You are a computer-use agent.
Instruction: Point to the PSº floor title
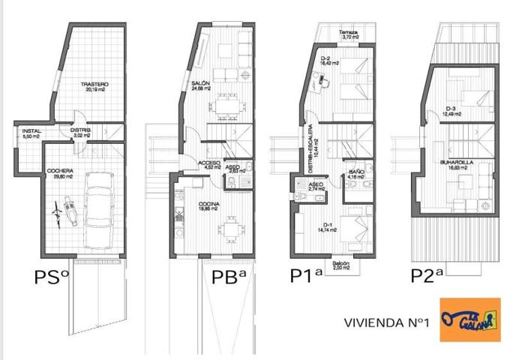pyautogui.click(x=52, y=276)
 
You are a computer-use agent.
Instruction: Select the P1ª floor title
pyautogui.click(x=306, y=276)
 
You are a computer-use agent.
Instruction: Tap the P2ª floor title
pyautogui.click(x=429, y=276)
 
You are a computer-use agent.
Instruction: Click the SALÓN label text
pyautogui.click(x=199, y=85)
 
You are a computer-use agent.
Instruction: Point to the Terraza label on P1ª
pyautogui.click(x=347, y=34)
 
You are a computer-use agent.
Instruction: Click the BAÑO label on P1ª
pyautogui.click(x=356, y=174)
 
